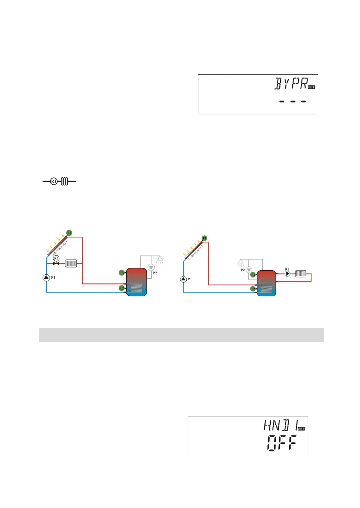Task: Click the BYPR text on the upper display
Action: click(291, 84)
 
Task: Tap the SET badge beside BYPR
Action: click(312, 87)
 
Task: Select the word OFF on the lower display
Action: click(282, 443)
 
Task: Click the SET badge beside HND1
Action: click(301, 429)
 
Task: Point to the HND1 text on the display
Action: click(280, 425)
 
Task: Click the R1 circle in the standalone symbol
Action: click(54, 181)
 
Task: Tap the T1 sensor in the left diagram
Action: click(69, 233)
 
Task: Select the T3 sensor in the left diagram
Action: click(122, 273)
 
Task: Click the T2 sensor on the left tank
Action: click(122, 288)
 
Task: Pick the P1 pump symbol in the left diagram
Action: click(46, 278)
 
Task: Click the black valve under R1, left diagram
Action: click(56, 263)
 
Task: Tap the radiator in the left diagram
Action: click(71, 263)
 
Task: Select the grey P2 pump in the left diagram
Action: click(151, 267)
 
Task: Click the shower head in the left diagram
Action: click(160, 260)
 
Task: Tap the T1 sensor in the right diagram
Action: click(204, 238)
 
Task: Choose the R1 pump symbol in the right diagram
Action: click(287, 274)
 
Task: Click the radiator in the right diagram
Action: click(301, 274)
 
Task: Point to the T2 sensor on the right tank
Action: click(253, 289)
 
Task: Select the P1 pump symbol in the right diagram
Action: click(183, 279)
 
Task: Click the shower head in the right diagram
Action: click(240, 263)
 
